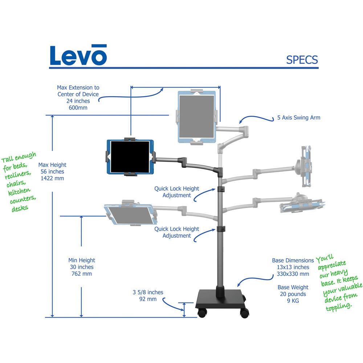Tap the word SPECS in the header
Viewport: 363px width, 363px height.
click(x=302, y=60)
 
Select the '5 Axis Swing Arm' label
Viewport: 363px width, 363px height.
click(x=297, y=118)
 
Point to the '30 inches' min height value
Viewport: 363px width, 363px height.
click(x=82, y=267)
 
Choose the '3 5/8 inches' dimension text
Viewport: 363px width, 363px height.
click(x=148, y=292)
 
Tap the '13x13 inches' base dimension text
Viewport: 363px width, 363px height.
click(x=293, y=267)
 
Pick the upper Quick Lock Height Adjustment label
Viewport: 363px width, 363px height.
click(x=177, y=192)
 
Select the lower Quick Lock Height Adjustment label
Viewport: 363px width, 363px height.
click(x=177, y=232)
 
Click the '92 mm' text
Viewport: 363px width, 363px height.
click(x=148, y=299)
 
